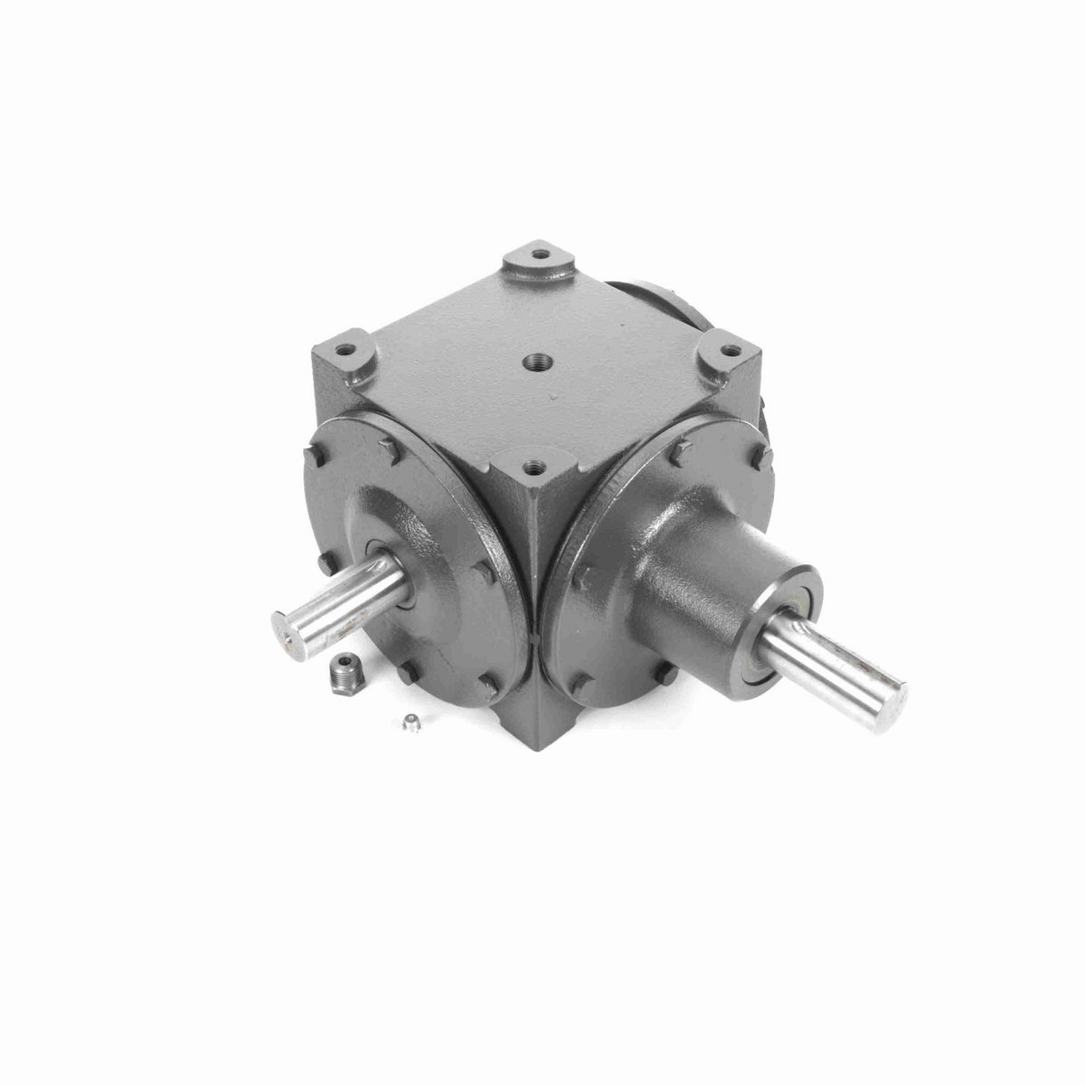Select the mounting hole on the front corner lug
tap(532, 467)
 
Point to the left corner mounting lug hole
tap(344, 345)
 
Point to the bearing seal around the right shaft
tap(774, 633)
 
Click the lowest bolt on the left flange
tap(488, 689)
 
